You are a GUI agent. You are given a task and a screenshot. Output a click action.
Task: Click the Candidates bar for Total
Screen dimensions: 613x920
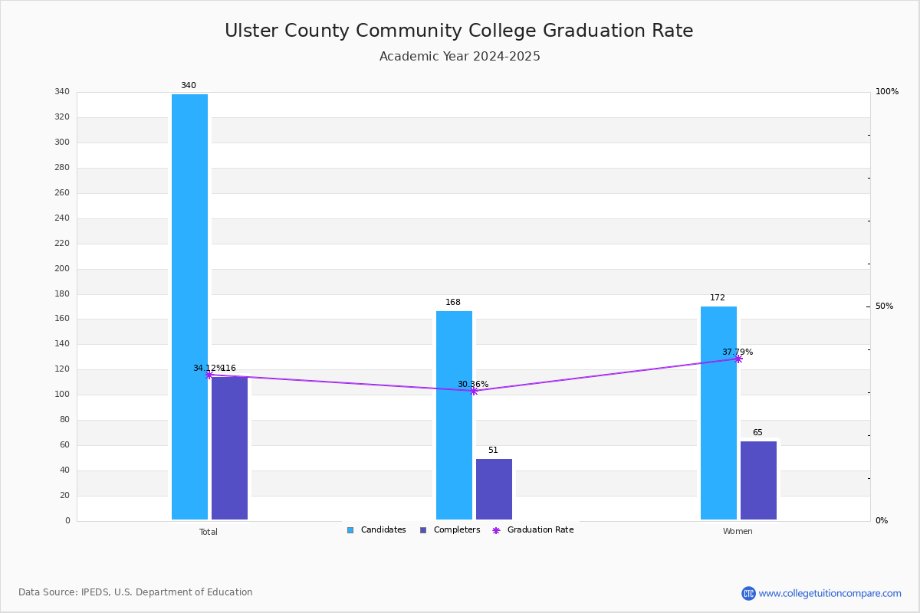pyautogui.click(x=189, y=306)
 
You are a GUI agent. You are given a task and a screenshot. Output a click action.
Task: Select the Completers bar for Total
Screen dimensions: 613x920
pyautogui.click(x=229, y=448)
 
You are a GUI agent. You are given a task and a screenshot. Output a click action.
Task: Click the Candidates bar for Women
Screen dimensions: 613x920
pyautogui.click(x=718, y=413)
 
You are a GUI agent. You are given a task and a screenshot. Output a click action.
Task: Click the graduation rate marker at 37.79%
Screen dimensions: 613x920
pyautogui.click(x=738, y=359)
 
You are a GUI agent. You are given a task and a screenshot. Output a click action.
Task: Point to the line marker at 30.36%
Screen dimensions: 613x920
pyautogui.click(x=473, y=391)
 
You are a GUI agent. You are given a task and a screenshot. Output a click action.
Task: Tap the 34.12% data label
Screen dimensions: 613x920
pyautogui.click(x=207, y=369)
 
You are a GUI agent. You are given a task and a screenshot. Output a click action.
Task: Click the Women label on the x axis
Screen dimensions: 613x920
pyautogui.click(x=738, y=532)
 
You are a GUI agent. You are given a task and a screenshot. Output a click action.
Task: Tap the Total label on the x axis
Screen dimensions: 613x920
pyautogui.click(x=208, y=532)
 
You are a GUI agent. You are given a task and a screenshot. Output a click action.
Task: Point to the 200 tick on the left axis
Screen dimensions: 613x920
pyautogui.click(x=61, y=269)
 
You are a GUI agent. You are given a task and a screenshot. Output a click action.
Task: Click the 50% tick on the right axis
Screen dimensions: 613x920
pyautogui.click(x=884, y=306)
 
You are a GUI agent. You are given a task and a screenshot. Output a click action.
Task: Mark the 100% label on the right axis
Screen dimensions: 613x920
pyautogui.click(x=886, y=92)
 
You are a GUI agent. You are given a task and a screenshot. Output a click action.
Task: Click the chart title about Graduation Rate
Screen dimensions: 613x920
pyautogui.click(x=458, y=31)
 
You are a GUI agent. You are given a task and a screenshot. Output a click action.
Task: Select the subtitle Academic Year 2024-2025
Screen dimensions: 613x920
pyautogui.click(x=459, y=57)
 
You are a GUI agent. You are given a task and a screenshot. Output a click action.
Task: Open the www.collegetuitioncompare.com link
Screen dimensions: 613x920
pyautogui.click(x=830, y=593)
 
